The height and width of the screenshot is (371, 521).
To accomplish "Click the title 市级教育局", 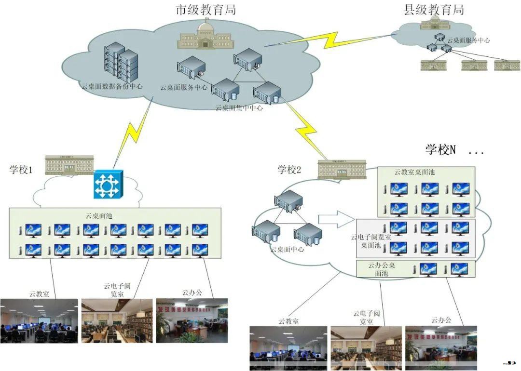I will point(206,9).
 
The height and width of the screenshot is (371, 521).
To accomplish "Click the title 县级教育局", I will point(434,10).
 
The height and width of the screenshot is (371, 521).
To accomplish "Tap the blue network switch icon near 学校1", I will point(109,185).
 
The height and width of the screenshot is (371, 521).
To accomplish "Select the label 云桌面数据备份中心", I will point(111,87).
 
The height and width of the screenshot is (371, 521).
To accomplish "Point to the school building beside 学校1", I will point(69,165).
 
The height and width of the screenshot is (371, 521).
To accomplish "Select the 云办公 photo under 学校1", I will point(192,320).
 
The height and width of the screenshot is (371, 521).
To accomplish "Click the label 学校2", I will point(289,170).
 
